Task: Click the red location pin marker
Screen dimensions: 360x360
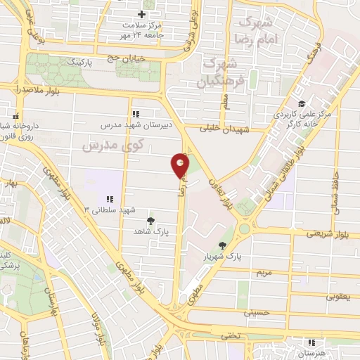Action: click(x=181, y=166)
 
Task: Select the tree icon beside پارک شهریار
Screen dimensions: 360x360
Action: click(x=223, y=245)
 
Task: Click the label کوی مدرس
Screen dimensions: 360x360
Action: click(x=112, y=146)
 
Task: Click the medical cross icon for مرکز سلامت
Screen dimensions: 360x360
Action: click(x=142, y=14)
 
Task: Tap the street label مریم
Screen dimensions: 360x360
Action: click(x=263, y=271)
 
